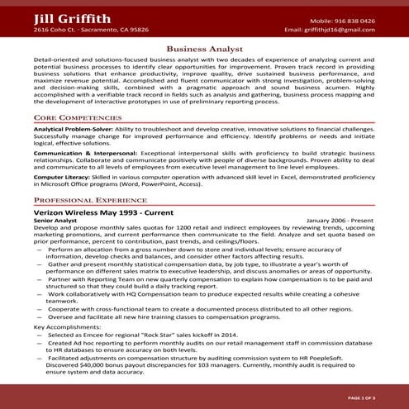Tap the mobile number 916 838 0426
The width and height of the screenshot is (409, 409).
[x=354, y=20]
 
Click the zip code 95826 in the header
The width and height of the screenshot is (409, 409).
[x=136, y=30]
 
